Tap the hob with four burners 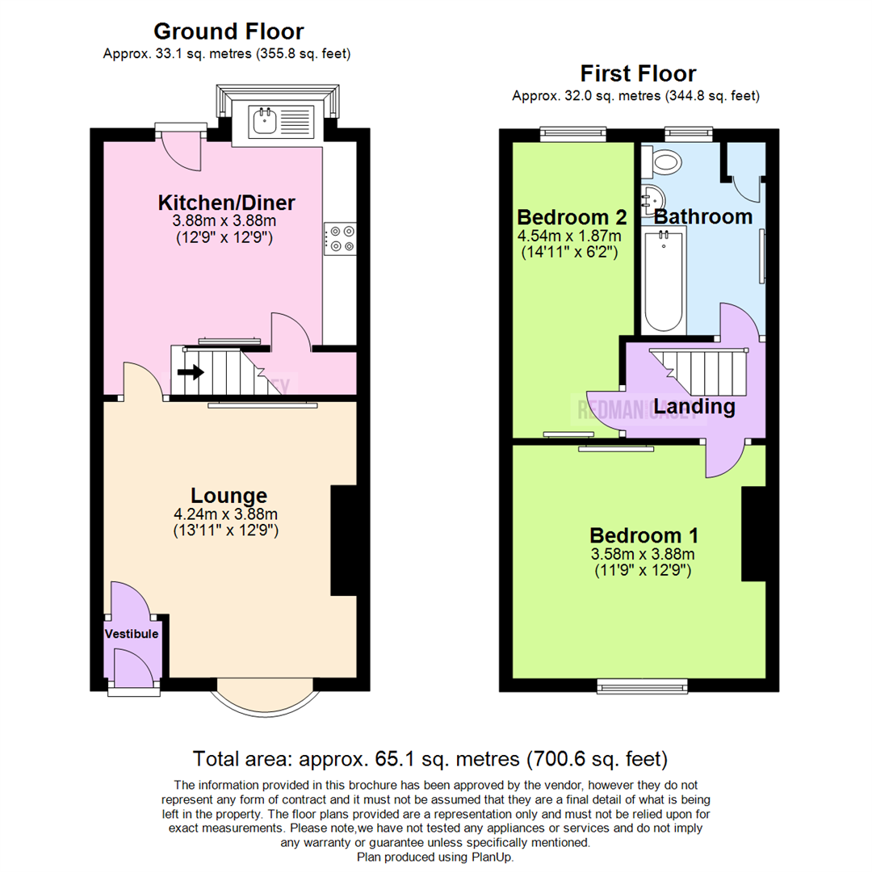pyautogui.click(x=340, y=238)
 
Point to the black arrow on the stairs pyautogui.click(x=191, y=372)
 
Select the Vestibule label pyautogui.click(x=132, y=635)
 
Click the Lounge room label pyautogui.click(x=228, y=495)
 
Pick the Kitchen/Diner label pyautogui.click(x=226, y=202)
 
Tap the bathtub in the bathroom pyautogui.click(x=664, y=279)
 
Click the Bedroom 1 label pyautogui.click(x=644, y=535)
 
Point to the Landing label pyautogui.click(x=694, y=407)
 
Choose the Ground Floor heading pyautogui.click(x=228, y=31)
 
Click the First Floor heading pyautogui.click(x=638, y=74)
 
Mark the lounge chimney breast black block pyautogui.click(x=343, y=540)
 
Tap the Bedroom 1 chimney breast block pyautogui.click(x=753, y=534)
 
